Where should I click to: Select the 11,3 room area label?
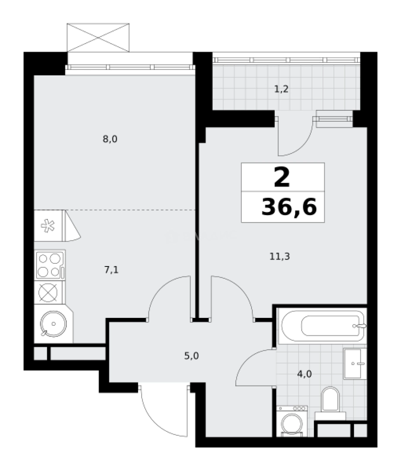tap(279, 256)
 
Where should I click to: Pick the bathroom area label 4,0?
tap(305, 373)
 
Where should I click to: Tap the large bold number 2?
tap(282, 177)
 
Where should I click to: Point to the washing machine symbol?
tap(292, 421)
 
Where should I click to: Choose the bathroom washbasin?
tap(354, 363)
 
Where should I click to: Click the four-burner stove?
tap(49, 265)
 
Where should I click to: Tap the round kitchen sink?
tap(53, 324)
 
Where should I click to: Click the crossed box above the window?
tap(98, 37)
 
